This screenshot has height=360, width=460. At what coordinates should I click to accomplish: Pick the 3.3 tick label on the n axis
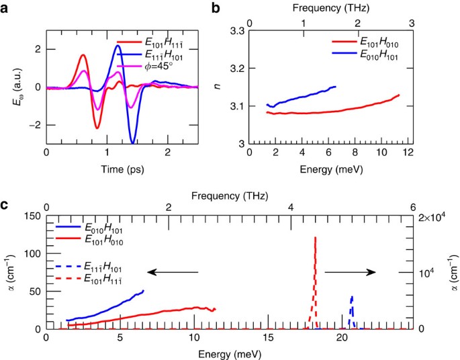coord(236,31)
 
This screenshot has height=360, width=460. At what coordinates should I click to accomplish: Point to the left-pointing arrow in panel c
coord(173,272)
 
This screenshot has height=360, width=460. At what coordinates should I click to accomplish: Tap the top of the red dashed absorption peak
coord(315,238)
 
